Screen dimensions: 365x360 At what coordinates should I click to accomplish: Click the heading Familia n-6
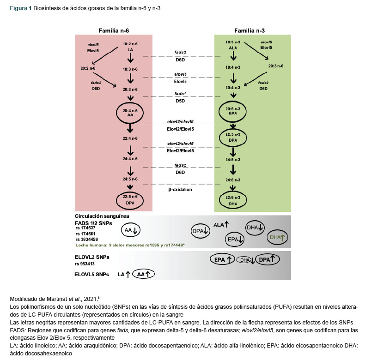[x=113, y=30]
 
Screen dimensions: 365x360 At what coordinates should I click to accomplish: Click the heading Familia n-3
[x=250, y=30]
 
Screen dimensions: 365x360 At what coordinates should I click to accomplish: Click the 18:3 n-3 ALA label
[x=233, y=45]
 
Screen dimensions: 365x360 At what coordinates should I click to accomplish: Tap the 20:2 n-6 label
[x=88, y=68]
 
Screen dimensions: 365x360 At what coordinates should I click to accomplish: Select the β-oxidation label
[x=180, y=189]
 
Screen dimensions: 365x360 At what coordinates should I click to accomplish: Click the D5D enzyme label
[x=180, y=101]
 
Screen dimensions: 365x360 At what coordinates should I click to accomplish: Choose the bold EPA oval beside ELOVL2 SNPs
[x=221, y=260]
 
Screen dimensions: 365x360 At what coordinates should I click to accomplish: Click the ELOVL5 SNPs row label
[x=92, y=274]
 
